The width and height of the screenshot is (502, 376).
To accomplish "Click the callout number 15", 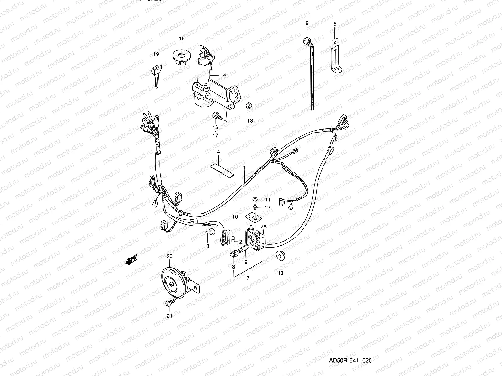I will (x=182, y=39).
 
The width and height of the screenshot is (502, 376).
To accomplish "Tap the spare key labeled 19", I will (x=156, y=74).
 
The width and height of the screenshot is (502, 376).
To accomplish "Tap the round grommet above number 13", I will (x=279, y=256).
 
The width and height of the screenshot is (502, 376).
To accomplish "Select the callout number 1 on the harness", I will (x=244, y=168).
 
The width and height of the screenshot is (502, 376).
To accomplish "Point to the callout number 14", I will (x=223, y=75).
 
